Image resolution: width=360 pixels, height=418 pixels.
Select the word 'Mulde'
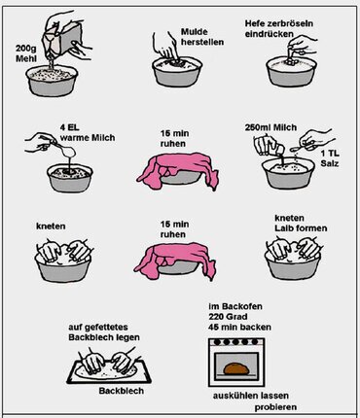pos(195,32)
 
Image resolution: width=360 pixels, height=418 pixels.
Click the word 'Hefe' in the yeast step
pos(255,23)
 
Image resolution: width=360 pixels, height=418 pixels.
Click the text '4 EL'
pos(69,127)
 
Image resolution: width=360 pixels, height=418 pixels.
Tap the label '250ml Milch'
pos(270,127)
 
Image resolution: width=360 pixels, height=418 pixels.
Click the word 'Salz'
pos(330,163)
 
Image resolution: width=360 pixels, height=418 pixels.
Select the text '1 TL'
pos(330,154)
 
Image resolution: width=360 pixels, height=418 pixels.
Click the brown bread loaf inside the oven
pos(236,368)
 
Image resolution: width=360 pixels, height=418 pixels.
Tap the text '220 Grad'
pos(228,317)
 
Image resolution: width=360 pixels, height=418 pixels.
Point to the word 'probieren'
pos(275,407)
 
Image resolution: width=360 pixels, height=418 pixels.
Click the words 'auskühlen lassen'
pos(251,396)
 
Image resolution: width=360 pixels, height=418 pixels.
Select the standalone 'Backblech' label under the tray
pos(122,391)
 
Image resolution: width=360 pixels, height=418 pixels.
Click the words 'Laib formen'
pos(301,228)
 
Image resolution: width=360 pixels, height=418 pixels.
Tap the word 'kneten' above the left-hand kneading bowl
pos(51,226)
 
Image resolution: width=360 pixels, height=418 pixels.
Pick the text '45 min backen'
pos(239,327)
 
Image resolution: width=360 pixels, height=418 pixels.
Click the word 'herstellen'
pos(202,42)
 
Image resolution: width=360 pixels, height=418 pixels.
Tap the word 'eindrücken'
pos(270,34)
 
